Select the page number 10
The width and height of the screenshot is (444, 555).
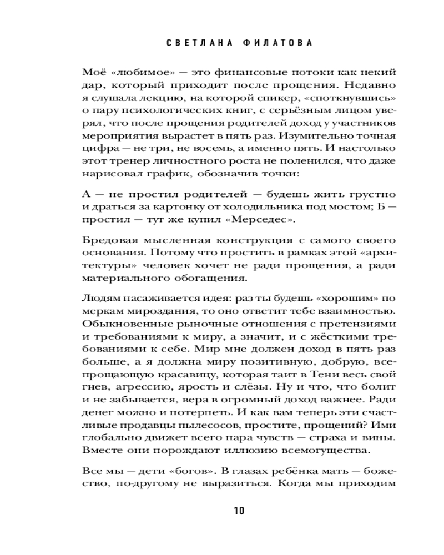pos(239,511)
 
